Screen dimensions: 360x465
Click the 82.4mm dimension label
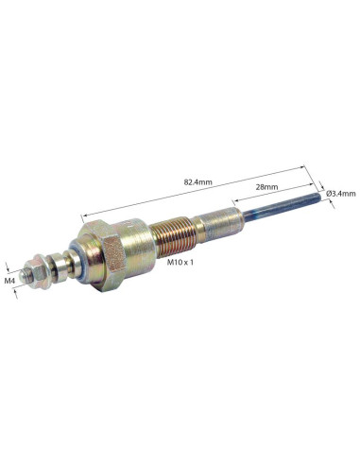[198, 181]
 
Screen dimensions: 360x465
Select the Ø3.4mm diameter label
[341, 193]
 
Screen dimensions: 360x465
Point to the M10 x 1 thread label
[180, 262]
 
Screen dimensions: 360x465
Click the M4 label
[9, 281]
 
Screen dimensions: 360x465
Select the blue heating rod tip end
[318, 198]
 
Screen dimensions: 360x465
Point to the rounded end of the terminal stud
[22, 275]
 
